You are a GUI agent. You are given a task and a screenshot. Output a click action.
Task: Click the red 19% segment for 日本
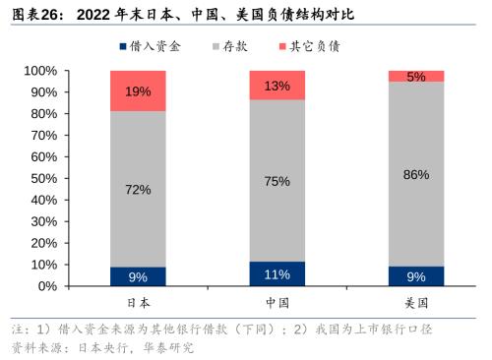pos(138,90)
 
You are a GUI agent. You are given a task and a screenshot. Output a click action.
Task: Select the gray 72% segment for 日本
pos(138,189)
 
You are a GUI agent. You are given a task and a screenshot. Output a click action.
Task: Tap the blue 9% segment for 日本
pos(138,276)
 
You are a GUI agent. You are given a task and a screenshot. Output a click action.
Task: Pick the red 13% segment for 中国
pos(277,85)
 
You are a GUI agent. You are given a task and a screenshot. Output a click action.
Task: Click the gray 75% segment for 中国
pos(277,180)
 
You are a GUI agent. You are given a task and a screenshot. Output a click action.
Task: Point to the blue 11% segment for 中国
pos(277,273)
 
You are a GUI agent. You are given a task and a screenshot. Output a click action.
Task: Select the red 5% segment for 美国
pos(416,76)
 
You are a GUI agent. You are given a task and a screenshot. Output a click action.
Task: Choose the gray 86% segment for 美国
pos(416,174)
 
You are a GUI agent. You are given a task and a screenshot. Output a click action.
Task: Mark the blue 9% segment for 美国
pos(416,276)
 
